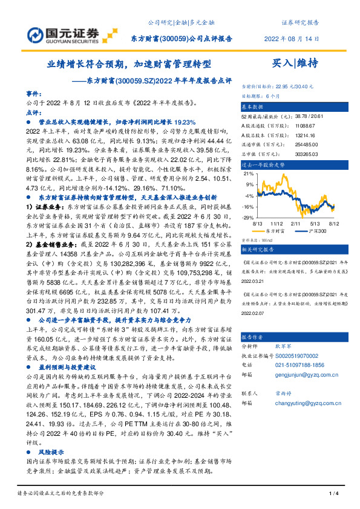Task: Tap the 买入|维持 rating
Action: coord(294,63)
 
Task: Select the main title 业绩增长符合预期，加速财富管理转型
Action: coord(129,63)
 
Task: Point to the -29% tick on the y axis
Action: coord(247,217)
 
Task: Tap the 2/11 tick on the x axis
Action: coord(297,222)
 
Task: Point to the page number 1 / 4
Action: coord(333,494)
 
